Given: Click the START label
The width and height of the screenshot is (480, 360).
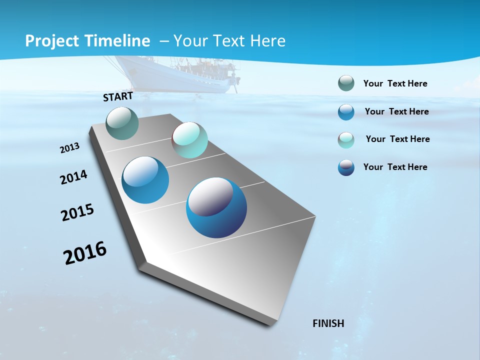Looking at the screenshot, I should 118,96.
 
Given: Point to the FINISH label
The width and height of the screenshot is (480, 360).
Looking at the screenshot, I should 328,323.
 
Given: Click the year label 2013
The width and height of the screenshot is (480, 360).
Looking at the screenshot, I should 70,148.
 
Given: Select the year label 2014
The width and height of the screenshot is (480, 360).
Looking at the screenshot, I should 74,177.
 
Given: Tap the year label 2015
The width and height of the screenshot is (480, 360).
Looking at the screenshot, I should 77,212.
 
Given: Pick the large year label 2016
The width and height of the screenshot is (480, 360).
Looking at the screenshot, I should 85,253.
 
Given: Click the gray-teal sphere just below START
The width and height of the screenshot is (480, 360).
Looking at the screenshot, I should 122,123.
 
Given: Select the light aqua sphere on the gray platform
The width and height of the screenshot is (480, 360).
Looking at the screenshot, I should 189,140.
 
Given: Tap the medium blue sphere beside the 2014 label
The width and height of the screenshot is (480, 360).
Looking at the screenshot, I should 145,180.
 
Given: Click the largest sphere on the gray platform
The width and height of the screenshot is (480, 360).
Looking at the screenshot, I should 216,207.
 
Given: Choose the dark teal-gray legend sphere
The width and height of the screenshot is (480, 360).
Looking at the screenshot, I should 346,83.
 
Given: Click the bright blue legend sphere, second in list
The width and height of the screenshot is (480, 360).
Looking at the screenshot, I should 346,112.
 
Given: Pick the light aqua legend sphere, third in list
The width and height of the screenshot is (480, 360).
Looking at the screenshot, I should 346,140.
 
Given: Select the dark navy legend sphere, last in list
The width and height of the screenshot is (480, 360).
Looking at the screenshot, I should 346,167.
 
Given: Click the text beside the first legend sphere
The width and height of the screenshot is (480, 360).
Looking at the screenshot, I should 395,84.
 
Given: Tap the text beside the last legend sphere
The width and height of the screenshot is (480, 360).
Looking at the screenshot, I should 395,167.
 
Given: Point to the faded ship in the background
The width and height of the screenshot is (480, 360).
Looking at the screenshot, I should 175,75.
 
